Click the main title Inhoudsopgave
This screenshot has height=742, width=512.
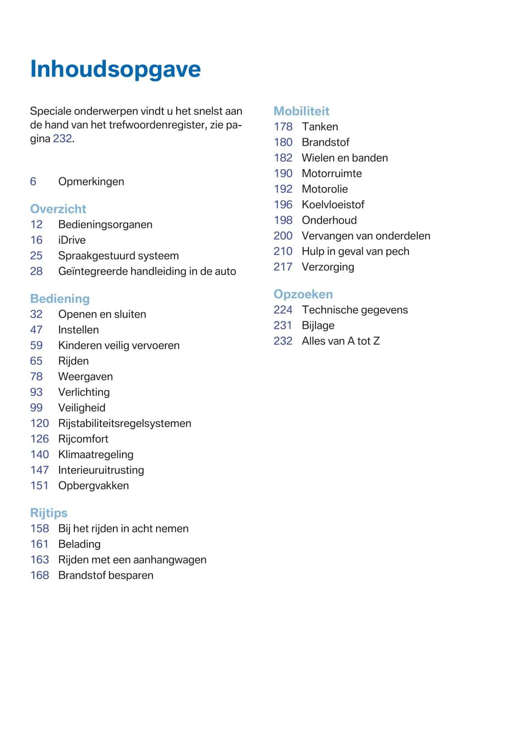(x=115, y=69)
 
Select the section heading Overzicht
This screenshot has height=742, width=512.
(x=58, y=209)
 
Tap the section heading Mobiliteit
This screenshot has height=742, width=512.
(x=301, y=111)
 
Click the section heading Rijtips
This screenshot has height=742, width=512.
(x=48, y=513)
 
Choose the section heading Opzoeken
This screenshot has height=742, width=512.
(x=303, y=294)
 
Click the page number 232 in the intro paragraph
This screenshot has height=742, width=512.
(x=62, y=139)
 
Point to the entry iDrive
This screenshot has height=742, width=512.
(x=72, y=240)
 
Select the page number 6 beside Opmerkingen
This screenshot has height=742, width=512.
(x=33, y=182)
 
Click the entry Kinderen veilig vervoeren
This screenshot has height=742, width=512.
(x=119, y=345)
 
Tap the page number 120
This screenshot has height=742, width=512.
(x=39, y=423)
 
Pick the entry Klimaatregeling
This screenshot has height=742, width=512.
(x=95, y=454)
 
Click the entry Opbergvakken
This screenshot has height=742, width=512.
(x=93, y=486)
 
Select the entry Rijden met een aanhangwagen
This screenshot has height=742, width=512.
(x=132, y=560)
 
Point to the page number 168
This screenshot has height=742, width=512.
(x=39, y=576)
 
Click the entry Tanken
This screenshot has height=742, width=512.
(x=320, y=127)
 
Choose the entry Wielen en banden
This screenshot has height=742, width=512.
(x=345, y=158)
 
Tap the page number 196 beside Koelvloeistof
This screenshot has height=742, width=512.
(x=283, y=205)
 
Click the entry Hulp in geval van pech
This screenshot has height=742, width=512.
(x=355, y=251)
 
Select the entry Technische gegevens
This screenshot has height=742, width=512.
(x=355, y=310)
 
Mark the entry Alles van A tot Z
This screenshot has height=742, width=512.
(x=340, y=341)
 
